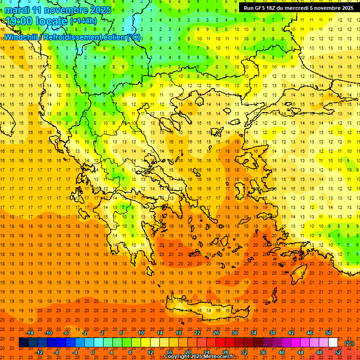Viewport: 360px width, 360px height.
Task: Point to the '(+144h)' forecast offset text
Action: [83, 21]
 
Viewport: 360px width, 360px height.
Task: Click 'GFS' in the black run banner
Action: [260, 8]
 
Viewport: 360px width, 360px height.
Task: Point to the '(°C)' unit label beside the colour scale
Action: [349, 343]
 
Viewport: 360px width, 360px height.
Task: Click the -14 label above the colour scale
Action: [30, 333]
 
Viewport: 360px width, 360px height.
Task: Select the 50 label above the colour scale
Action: [328, 333]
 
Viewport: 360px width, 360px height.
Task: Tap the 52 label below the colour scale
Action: [338, 352]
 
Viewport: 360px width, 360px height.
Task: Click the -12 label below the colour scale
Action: [39, 352]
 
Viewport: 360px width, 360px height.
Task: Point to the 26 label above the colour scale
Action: [216, 333]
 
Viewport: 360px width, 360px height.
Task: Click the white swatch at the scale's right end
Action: [333, 343]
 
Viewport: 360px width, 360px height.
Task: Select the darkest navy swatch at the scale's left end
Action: [23, 343]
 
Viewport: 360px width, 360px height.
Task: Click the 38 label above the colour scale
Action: [272, 333]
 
